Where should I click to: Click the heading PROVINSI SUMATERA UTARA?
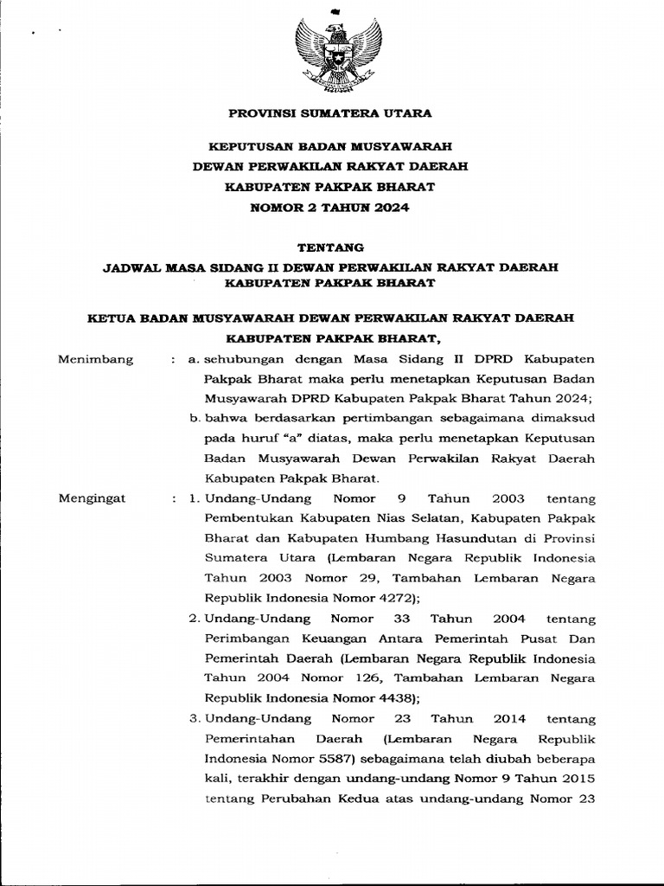point(331,113)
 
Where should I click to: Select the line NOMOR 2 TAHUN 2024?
point(331,208)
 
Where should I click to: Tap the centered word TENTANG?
point(331,247)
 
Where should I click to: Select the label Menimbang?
point(95,359)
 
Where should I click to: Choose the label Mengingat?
point(92,498)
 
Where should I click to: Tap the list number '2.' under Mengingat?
point(195,619)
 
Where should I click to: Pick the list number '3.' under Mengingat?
point(195,718)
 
